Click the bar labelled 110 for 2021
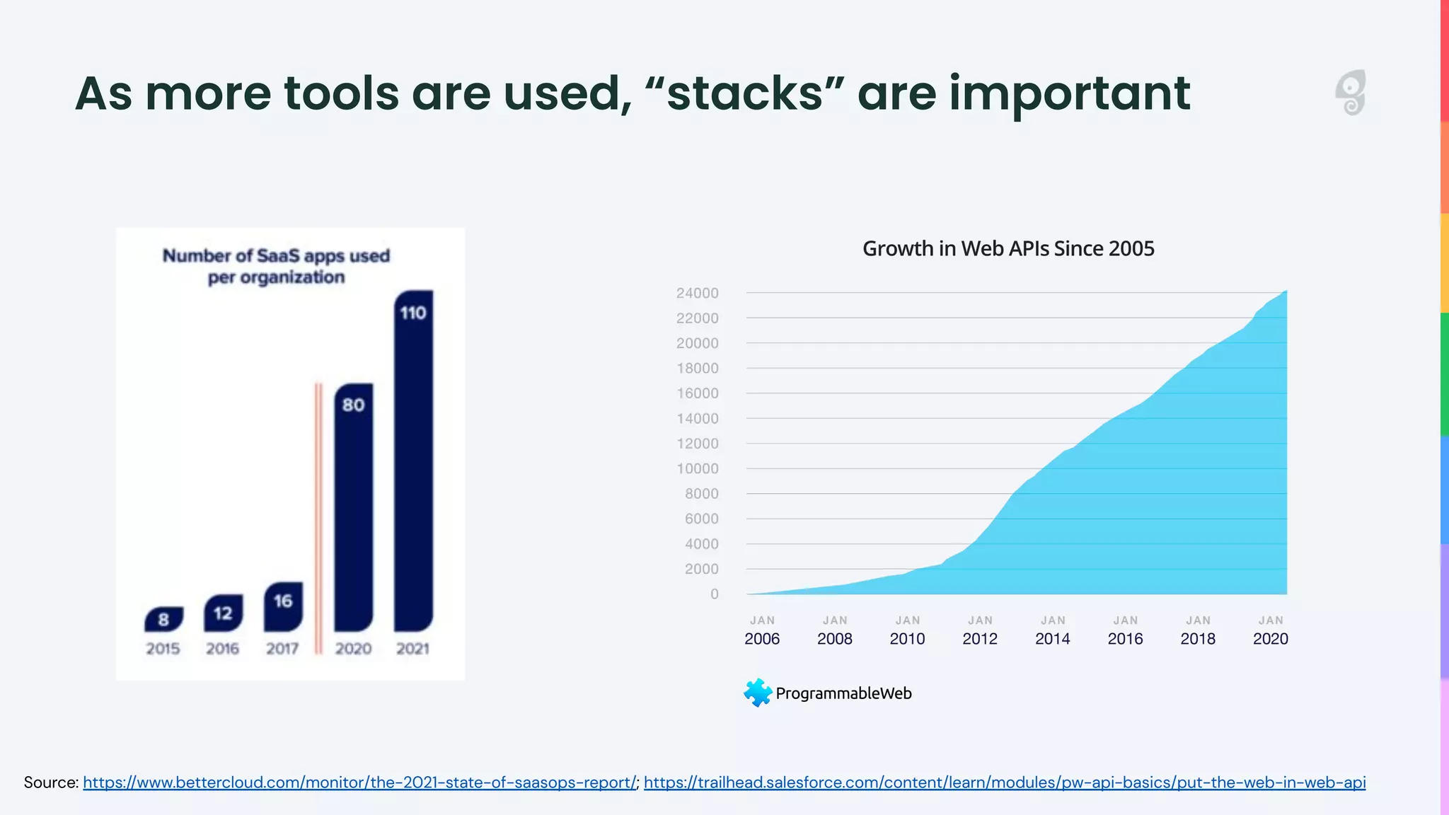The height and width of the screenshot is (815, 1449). [x=413, y=460]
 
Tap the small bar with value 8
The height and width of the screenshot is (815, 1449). [x=163, y=619]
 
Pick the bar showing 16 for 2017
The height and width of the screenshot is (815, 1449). [x=283, y=607]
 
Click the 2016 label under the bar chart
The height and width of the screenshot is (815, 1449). [x=222, y=649]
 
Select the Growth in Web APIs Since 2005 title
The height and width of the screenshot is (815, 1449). [x=1008, y=248]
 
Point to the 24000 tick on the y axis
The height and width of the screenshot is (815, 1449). [x=697, y=293]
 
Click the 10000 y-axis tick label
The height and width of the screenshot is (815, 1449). [x=697, y=468]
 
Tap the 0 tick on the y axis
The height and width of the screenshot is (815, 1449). [x=714, y=594]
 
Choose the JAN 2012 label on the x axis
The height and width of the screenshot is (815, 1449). [x=980, y=630]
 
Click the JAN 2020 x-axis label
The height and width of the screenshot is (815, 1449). [x=1270, y=630]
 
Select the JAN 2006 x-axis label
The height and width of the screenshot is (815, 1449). [x=762, y=630]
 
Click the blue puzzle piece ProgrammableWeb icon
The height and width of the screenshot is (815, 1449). [x=758, y=693]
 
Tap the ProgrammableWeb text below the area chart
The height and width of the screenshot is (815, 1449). [x=843, y=693]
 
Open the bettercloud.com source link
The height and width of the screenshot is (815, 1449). [x=359, y=782]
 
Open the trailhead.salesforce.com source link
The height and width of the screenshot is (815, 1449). [x=1005, y=782]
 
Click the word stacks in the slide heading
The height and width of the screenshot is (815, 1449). [x=745, y=93]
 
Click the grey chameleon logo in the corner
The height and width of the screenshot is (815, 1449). [x=1351, y=93]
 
